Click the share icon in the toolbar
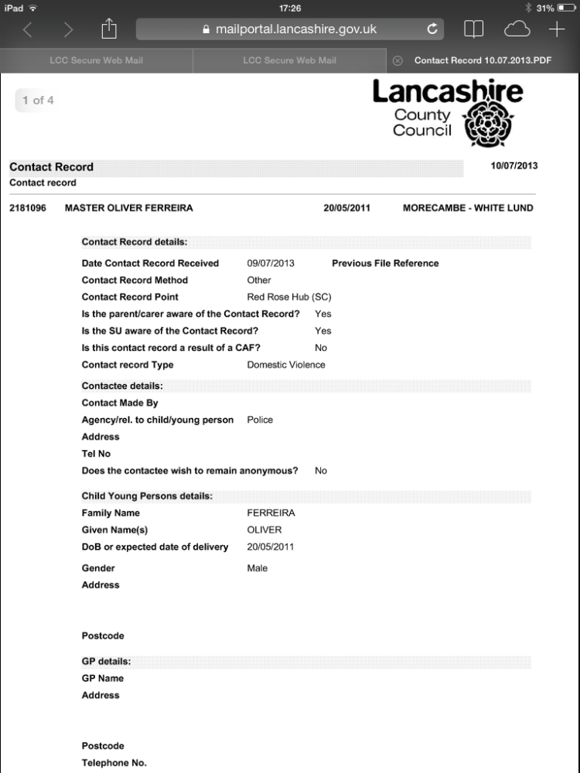click(108, 29)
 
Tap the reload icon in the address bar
click(432, 29)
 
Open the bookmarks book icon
click(473, 29)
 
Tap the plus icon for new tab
click(557, 29)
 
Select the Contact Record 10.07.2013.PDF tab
click(483, 60)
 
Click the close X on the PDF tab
click(397, 60)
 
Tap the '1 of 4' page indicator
click(38, 100)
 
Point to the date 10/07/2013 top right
click(514, 166)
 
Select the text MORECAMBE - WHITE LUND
click(468, 208)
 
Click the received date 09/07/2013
click(271, 264)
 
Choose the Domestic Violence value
click(286, 365)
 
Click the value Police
click(260, 420)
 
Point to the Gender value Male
click(258, 568)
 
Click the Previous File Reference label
click(385, 264)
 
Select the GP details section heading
click(106, 662)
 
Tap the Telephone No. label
click(114, 763)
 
